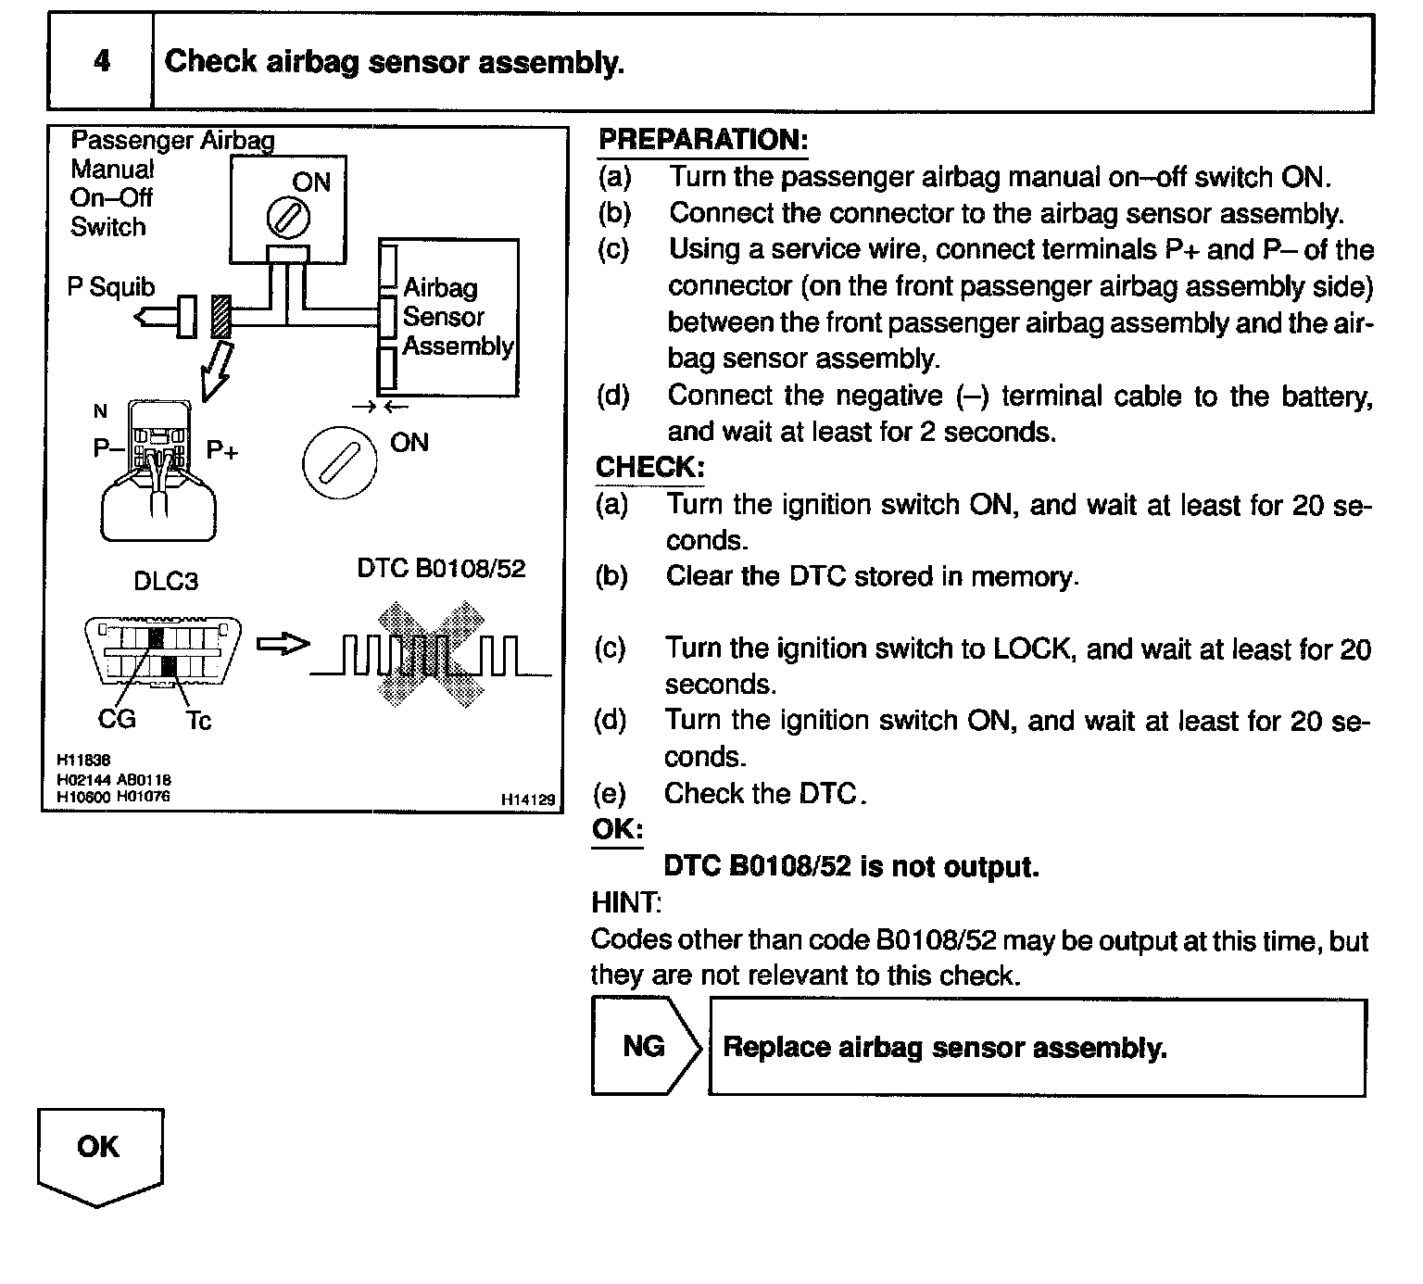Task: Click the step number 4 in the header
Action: pos(101,62)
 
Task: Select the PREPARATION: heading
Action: pos(703,140)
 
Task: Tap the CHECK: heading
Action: pos(649,467)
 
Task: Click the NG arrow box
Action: pos(646,1047)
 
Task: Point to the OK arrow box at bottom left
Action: pos(99,1149)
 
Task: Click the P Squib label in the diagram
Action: pos(111,287)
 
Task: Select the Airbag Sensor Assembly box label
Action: pos(458,317)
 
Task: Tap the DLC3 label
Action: pos(166,581)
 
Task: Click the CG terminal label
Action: pos(117,718)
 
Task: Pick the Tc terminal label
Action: pos(198,720)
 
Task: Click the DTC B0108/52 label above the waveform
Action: pos(441,568)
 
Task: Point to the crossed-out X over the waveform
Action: pos(429,646)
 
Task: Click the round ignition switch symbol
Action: pos(340,461)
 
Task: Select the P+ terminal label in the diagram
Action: pos(222,451)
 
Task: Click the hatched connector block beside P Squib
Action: pos(220,317)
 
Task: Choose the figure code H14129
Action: pos(528,799)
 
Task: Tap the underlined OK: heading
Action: pos(617,829)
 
